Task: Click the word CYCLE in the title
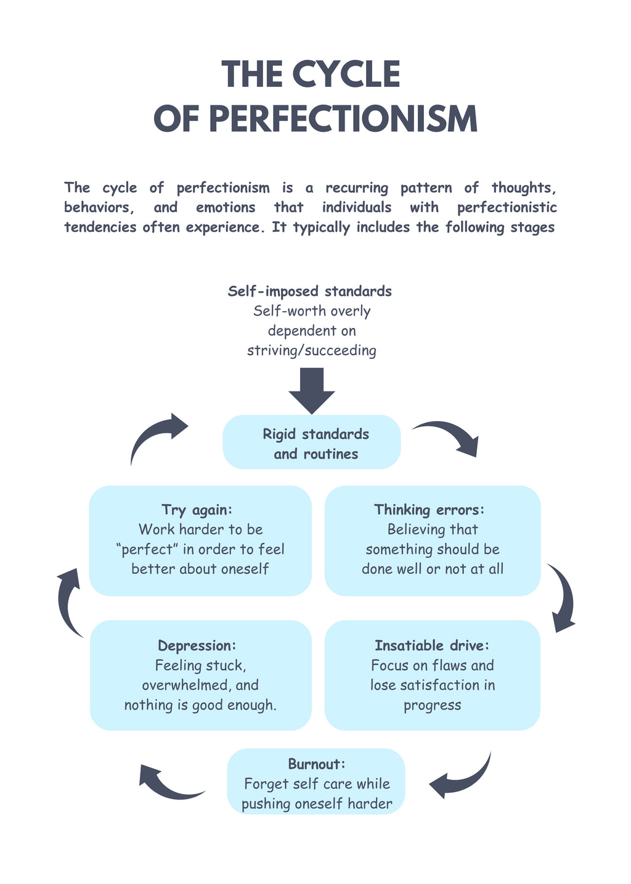pyautogui.click(x=347, y=74)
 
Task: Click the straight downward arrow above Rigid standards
pyautogui.click(x=312, y=391)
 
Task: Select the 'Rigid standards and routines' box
pyautogui.click(x=312, y=441)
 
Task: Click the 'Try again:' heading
pyautogui.click(x=197, y=509)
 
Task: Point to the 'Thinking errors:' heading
pyautogui.click(x=429, y=509)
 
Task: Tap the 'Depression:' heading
pyautogui.click(x=197, y=645)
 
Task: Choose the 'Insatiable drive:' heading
pyautogui.click(x=432, y=645)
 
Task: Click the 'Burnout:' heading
pyautogui.click(x=316, y=764)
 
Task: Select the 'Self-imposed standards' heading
pyautogui.click(x=309, y=291)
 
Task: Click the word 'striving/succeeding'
pyautogui.click(x=312, y=350)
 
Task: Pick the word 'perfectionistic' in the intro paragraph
pyautogui.click(x=507, y=207)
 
